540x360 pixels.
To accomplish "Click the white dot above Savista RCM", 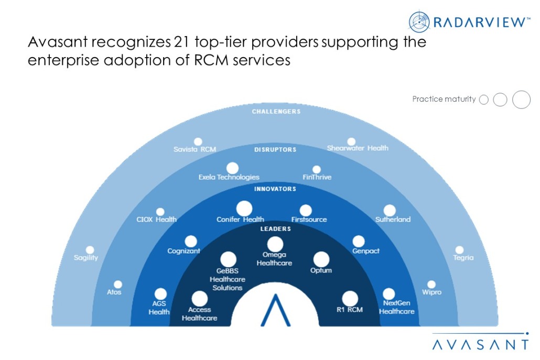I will (x=198, y=141).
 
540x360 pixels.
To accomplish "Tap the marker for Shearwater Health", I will (x=351, y=141).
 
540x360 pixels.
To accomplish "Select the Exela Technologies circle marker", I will (x=232, y=168).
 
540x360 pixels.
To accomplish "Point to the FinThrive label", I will (x=317, y=177).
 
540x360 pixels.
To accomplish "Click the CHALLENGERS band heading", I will (x=276, y=111).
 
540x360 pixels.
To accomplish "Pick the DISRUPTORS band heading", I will (x=275, y=149).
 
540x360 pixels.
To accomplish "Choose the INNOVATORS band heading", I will (x=275, y=189).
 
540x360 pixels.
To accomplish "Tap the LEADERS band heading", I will (x=275, y=228).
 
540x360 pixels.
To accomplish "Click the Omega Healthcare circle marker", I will (x=275, y=244).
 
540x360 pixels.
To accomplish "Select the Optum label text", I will (x=321, y=270).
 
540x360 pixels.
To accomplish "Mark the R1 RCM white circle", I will (x=350, y=299).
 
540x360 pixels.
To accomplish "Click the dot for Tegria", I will (x=459, y=250).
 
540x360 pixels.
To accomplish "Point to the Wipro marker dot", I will (x=431, y=284).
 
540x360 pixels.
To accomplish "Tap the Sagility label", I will (x=86, y=258).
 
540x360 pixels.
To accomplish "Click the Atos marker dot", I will (x=118, y=284).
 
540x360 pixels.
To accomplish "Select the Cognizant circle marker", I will (x=191, y=241).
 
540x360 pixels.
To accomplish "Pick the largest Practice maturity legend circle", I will (x=521, y=99).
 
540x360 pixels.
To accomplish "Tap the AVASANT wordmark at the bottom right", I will (x=480, y=344).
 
